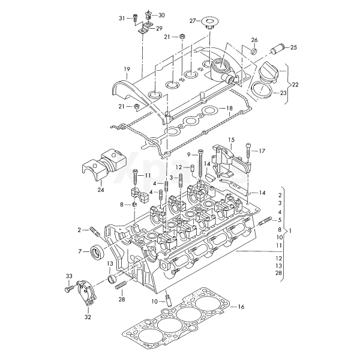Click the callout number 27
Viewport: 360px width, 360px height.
point(193,21)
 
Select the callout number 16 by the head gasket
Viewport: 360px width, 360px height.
point(241,307)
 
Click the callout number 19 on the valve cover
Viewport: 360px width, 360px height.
point(127,70)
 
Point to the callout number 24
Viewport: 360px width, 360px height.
point(101,190)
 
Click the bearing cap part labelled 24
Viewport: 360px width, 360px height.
point(103,163)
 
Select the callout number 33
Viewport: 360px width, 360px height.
point(68,276)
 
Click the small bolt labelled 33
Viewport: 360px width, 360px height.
point(67,289)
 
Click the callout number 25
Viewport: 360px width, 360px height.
point(293,47)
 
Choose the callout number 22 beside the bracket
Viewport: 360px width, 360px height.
point(295,84)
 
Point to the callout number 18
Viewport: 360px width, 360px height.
point(229,108)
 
